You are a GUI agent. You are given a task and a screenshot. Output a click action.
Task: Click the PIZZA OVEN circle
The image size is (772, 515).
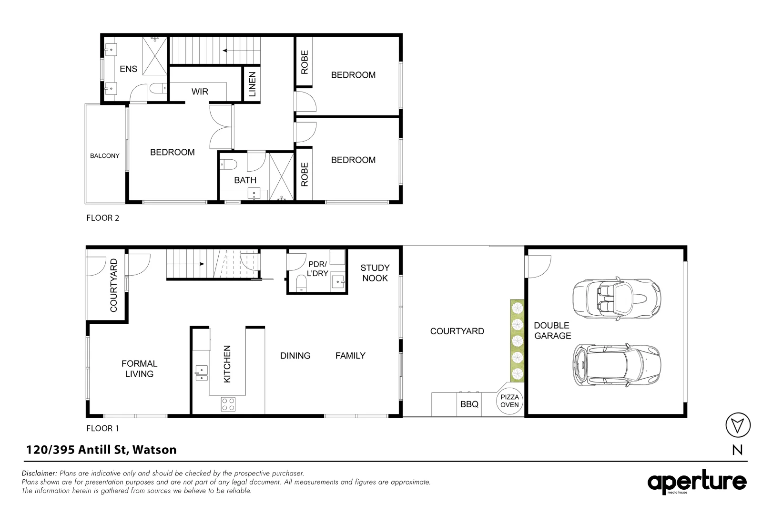coord(509,401)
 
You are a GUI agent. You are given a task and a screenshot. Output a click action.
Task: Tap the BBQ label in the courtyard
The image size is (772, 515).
coord(469,404)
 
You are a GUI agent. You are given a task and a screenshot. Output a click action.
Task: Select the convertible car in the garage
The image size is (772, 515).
coord(617,298)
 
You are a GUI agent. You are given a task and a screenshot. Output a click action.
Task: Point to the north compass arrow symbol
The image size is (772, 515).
coord(737,424)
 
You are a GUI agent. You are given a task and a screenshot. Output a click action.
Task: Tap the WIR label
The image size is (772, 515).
coord(200,92)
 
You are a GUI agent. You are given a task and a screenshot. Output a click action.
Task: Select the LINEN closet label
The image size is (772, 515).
coord(253,84)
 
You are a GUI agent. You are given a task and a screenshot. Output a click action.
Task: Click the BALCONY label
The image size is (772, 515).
coord(105,156)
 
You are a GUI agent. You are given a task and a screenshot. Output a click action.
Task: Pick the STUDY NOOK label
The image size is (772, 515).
coord(375,273)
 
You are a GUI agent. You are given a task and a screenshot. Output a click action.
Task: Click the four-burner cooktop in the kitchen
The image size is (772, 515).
coord(228,404)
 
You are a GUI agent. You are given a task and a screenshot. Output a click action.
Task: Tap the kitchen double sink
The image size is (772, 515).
coord(201,373)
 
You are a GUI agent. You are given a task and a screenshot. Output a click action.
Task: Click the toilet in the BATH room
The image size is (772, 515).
coord(229,165)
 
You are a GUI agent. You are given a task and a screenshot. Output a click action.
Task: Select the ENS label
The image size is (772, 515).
coord(128,69)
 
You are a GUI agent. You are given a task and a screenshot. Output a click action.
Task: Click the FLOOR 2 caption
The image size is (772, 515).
coord(102,218)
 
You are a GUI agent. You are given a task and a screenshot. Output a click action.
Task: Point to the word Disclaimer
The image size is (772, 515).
coord(40,474)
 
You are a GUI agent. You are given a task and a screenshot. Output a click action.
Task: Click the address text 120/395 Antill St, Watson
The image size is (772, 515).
coord(101,449)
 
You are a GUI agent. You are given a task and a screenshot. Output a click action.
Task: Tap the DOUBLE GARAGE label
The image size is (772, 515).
coord(552,330)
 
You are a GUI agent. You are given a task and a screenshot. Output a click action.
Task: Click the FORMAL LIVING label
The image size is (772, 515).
coord(139,369)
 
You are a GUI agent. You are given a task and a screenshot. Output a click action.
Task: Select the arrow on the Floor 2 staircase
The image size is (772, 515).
coord(232,50)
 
